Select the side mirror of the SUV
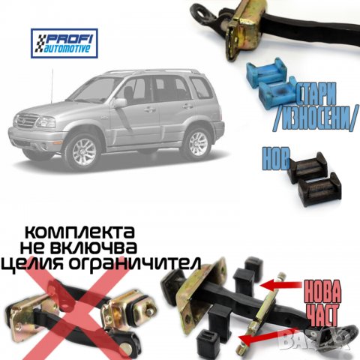120,103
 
